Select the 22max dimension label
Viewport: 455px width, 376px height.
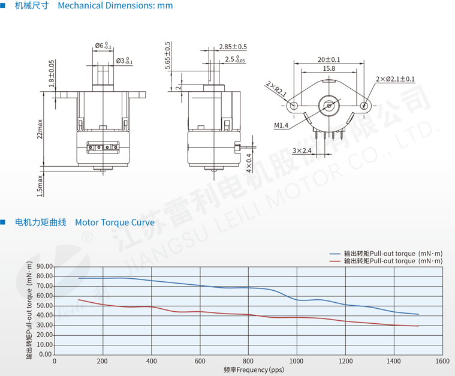(x=40, y=129)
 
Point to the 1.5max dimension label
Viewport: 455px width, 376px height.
(x=40, y=185)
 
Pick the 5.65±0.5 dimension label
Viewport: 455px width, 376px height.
(x=167, y=55)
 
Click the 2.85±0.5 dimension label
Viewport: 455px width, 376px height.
(x=233, y=47)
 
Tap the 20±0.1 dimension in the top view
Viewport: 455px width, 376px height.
(x=329, y=59)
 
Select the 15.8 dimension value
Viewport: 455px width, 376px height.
(x=329, y=68)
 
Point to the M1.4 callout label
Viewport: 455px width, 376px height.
(x=282, y=125)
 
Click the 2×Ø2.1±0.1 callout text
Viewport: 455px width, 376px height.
(x=395, y=79)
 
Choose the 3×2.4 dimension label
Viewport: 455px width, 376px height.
(x=302, y=151)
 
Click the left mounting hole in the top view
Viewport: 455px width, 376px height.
(x=293, y=106)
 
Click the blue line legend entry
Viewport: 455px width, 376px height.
(x=387, y=253)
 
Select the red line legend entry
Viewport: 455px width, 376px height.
(x=387, y=261)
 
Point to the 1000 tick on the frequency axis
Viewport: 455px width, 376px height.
(x=297, y=362)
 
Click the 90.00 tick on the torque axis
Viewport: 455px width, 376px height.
(x=45, y=266)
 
